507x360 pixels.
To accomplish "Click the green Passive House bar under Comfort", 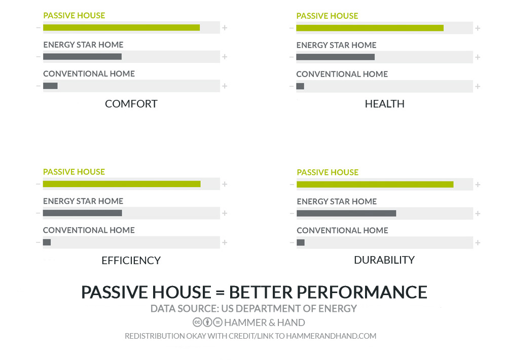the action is click(x=121, y=28).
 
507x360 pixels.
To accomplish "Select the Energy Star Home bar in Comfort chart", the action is click(x=82, y=57).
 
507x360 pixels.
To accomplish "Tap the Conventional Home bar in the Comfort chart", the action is click(x=50, y=86).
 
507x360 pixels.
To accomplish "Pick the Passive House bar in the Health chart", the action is click(x=370, y=28).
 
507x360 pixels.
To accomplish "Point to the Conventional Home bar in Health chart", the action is click(x=300, y=86).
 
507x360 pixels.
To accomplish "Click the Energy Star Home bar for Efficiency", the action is click(x=83, y=213).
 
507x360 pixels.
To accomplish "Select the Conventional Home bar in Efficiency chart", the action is click(x=47, y=242).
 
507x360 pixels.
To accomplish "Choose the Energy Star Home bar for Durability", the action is click(x=346, y=213).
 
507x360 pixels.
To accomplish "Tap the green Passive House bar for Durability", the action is click(x=375, y=185).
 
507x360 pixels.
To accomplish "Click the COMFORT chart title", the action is click(x=131, y=104).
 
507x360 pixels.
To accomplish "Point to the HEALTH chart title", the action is click(x=384, y=104).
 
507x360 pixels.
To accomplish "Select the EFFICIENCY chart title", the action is click(x=131, y=261).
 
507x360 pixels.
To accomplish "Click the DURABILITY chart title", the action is click(x=384, y=260).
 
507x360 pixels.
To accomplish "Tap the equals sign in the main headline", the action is click(x=220, y=293).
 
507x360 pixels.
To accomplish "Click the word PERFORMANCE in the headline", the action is click(x=362, y=292).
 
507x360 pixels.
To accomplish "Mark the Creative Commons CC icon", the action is click(x=197, y=322).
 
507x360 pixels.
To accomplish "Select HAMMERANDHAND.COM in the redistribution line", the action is click(x=331, y=336).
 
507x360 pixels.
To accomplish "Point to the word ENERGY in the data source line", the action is click(x=338, y=309).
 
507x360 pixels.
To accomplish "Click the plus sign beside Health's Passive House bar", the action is click(x=478, y=28).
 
